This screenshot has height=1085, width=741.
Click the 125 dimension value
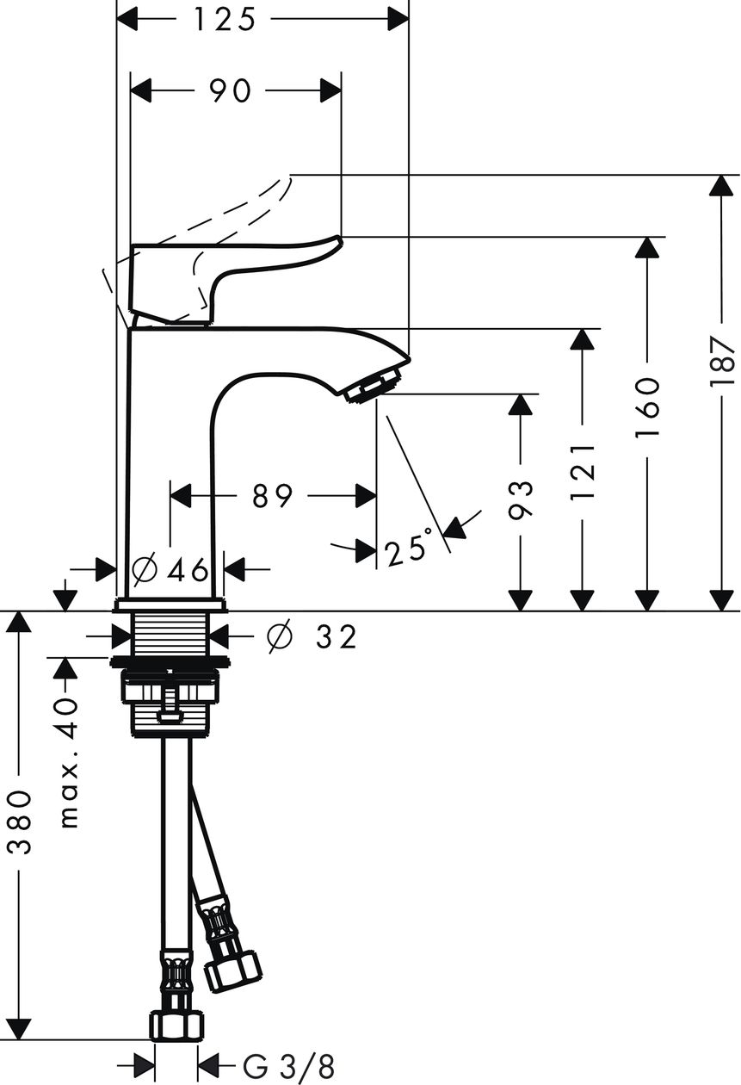224,21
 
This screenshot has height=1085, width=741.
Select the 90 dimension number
231,90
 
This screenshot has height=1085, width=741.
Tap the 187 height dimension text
722,362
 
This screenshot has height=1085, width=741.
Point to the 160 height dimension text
647,406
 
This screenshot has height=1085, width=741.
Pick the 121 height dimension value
583,471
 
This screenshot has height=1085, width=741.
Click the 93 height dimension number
521,500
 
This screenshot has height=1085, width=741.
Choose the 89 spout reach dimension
273,495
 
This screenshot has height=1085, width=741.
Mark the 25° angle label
409,548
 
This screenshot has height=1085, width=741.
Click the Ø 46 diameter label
170,570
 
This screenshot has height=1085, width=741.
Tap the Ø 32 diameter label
312,636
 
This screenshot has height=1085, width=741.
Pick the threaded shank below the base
171,634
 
